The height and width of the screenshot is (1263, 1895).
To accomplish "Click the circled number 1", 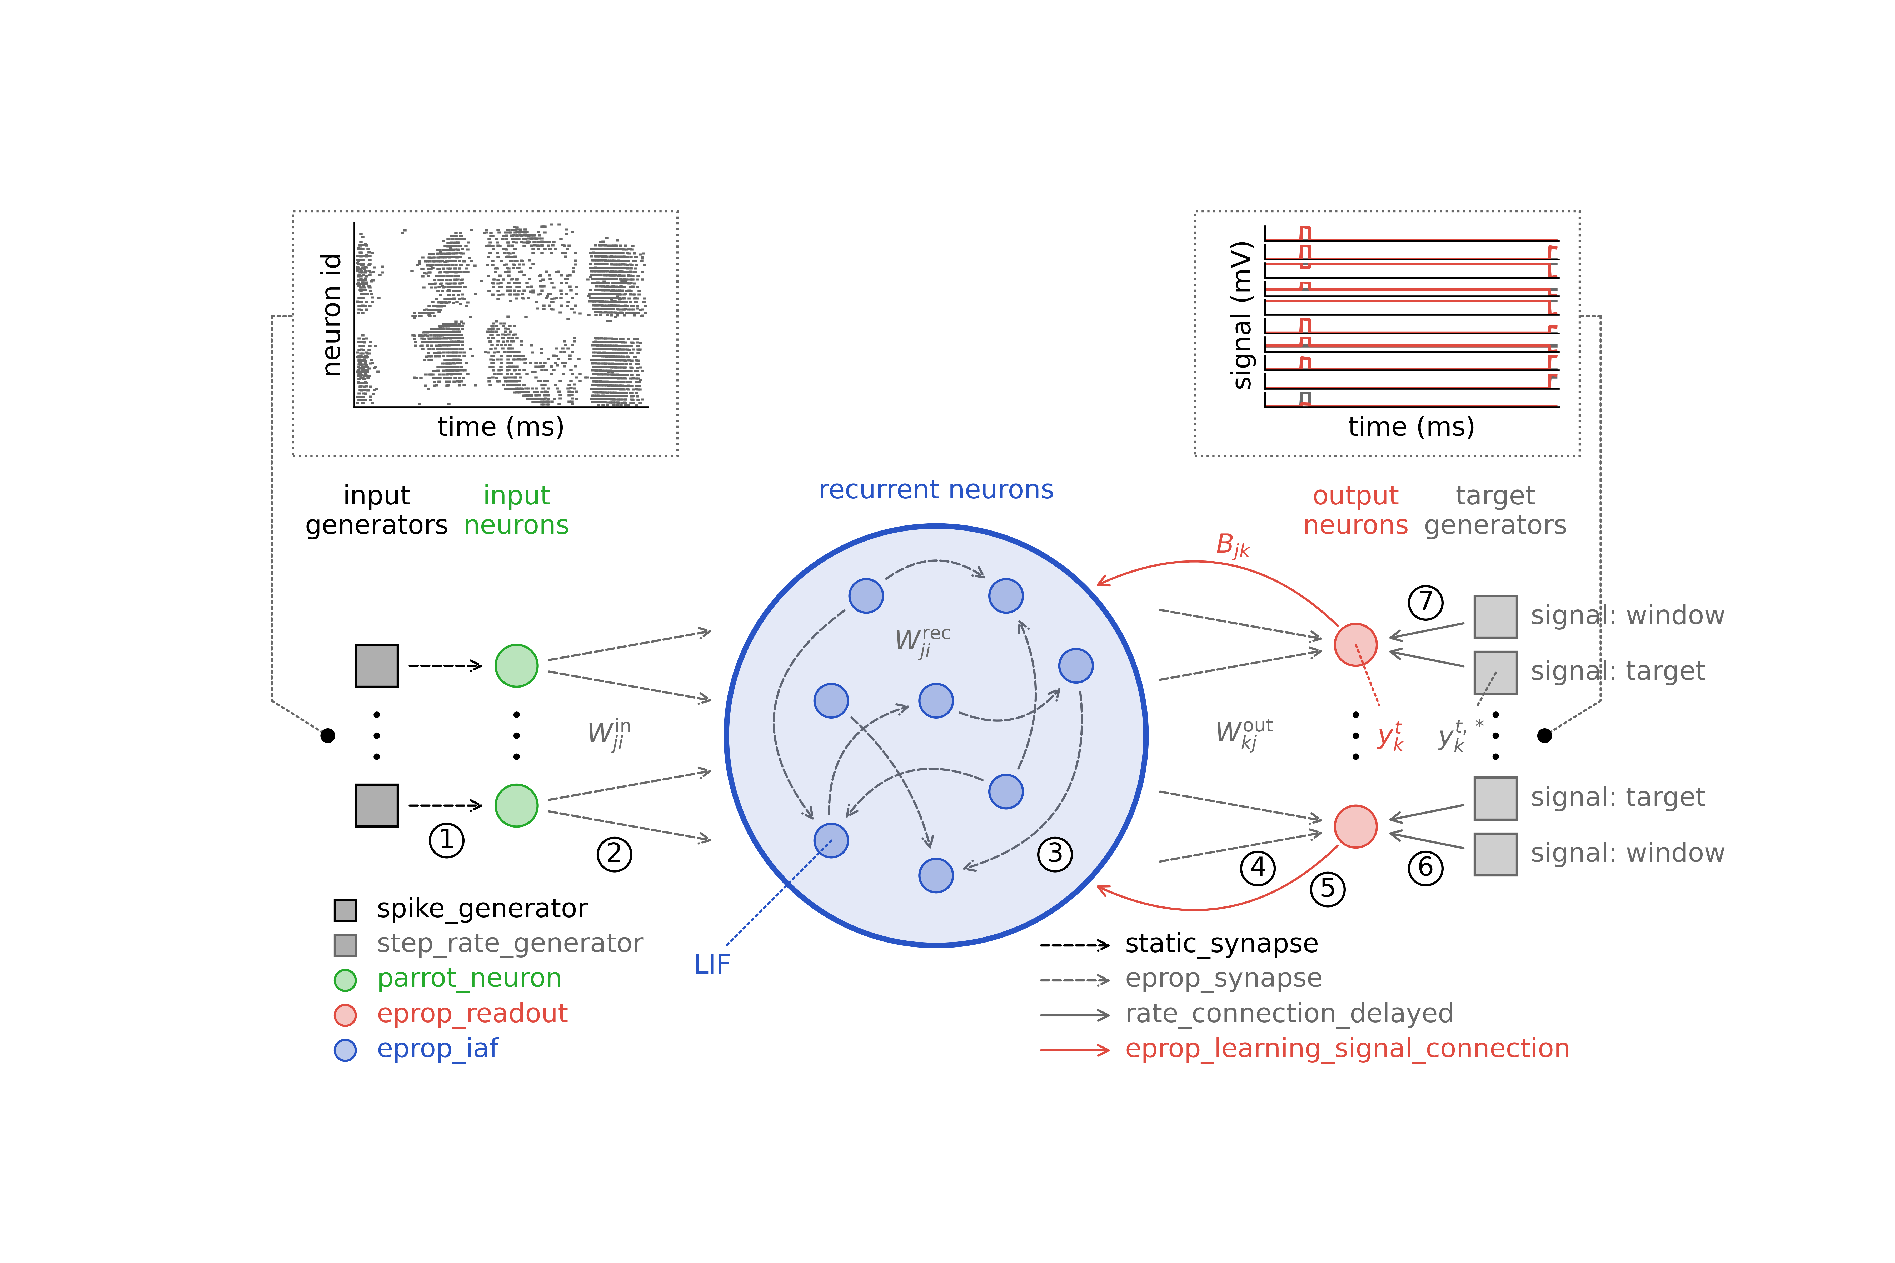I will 446,840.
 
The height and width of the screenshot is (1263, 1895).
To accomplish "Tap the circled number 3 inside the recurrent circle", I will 1055,854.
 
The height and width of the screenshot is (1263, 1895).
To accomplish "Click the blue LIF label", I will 712,964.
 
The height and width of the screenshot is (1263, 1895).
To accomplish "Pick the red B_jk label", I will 1232,545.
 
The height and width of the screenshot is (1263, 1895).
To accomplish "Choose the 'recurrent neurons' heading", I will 935,490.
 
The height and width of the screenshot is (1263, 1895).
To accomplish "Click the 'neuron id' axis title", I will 331,315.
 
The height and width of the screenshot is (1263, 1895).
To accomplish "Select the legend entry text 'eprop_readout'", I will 472,1013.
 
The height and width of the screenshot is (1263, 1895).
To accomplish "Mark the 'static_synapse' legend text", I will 1221,943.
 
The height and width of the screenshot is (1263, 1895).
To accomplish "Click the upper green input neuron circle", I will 516,665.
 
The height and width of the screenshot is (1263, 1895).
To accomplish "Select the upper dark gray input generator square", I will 376,665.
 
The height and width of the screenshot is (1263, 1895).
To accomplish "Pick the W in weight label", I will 608,734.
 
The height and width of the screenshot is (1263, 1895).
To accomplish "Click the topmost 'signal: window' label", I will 1627,615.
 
